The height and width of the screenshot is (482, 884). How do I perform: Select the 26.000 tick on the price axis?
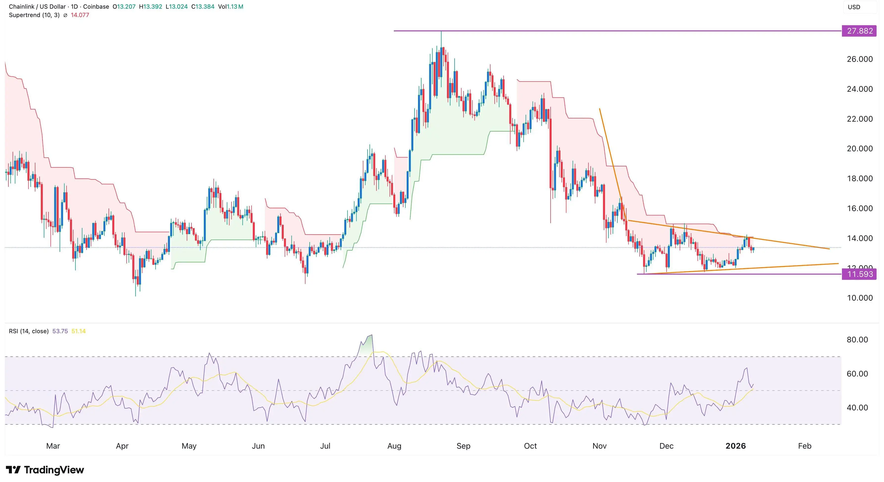coord(859,59)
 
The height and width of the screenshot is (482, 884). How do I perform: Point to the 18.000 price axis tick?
coord(859,178)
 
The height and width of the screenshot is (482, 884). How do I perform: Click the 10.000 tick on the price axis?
coord(859,298)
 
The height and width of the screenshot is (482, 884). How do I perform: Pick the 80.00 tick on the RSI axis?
coord(857,340)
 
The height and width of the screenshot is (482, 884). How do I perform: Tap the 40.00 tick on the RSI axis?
coord(857,408)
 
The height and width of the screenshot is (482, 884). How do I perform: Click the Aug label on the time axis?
coord(394,446)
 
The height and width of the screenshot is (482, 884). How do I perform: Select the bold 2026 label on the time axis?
coord(735,446)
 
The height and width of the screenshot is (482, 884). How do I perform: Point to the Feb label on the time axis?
coord(804,446)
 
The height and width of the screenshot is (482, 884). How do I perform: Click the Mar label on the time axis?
coord(53,446)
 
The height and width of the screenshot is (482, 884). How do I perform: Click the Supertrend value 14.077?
coord(80,15)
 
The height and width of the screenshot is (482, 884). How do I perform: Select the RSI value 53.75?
coord(60,331)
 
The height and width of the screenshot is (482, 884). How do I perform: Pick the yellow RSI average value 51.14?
coord(79,331)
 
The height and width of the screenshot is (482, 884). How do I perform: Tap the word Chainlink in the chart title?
coord(21,6)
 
